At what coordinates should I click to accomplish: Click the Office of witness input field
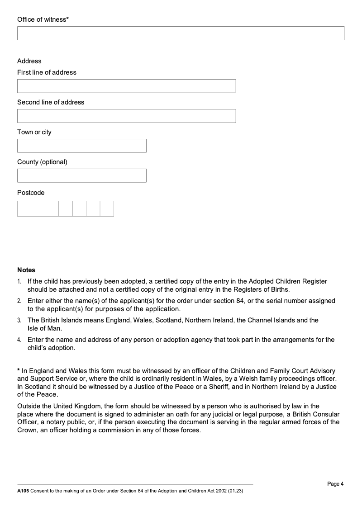(181, 33)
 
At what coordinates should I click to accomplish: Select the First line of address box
(126, 86)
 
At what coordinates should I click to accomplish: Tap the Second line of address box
(126, 116)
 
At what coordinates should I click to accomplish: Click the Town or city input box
(81, 146)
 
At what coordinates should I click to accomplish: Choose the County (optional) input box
(81, 175)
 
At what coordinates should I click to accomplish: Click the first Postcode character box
(24, 209)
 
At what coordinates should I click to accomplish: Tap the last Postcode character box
(107, 209)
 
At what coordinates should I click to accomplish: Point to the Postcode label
(31, 193)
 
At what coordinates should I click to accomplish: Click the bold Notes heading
(26, 270)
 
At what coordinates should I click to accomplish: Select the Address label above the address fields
(29, 61)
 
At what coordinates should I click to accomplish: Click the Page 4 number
(335, 484)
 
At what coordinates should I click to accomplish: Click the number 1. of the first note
(19, 282)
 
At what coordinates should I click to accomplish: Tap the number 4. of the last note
(19, 340)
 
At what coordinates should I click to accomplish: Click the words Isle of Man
(45, 328)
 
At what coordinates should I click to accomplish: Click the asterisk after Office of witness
(67, 19)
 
